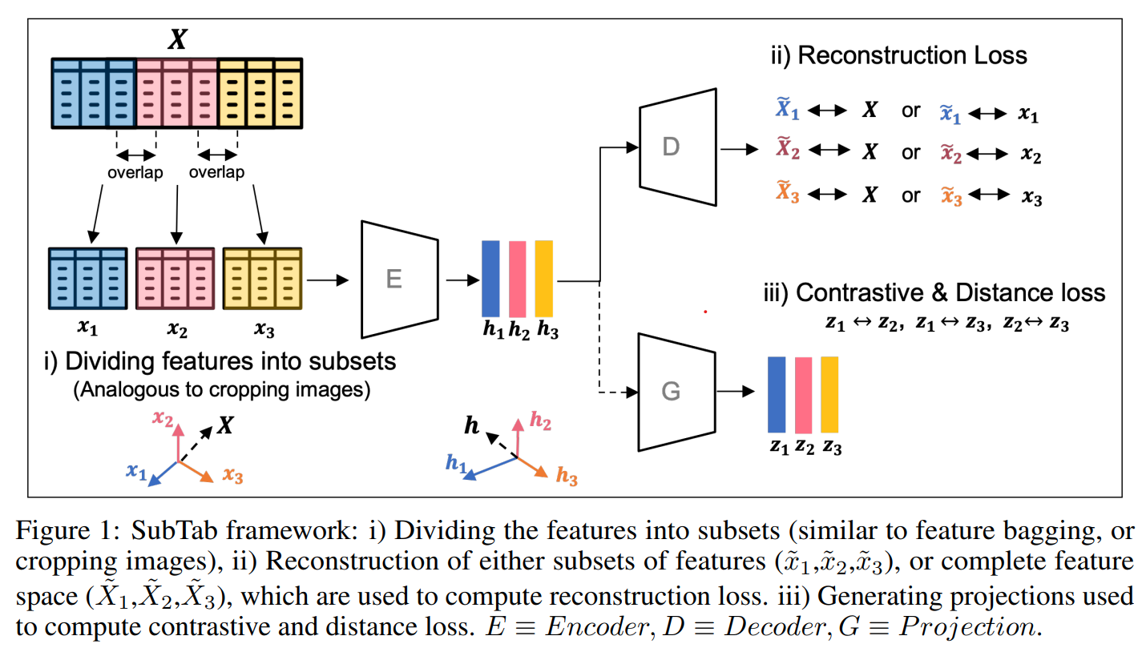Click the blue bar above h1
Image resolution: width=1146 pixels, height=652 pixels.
(490, 278)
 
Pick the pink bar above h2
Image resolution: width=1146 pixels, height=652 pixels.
(517, 278)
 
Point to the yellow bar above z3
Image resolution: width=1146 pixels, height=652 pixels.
(829, 394)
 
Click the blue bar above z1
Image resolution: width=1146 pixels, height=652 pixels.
(777, 394)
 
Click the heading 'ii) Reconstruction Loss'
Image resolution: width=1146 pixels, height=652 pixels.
(898, 56)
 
